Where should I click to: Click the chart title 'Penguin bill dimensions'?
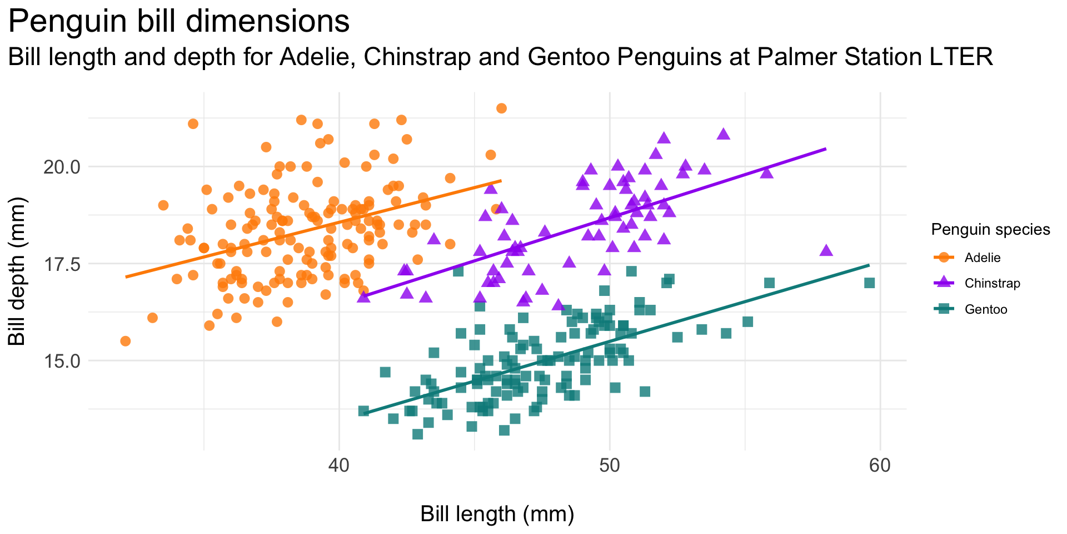pyautogui.click(x=179, y=22)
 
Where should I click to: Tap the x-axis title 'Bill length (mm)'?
pyautogui.click(x=497, y=515)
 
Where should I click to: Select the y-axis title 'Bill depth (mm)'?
pyautogui.click(x=18, y=271)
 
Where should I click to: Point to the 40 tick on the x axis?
pyautogui.click(x=339, y=465)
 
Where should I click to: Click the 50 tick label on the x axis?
pyautogui.click(x=610, y=465)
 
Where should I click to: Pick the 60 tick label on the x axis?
pyautogui.click(x=880, y=465)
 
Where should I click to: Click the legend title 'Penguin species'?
pyautogui.click(x=990, y=230)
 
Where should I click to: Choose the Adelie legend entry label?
pyautogui.click(x=983, y=258)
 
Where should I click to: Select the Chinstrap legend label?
pyautogui.click(x=993, y=284)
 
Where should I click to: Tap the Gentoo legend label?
pyautogui.click(x=986, y=310)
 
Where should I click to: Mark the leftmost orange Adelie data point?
pyautogui.click(x=126, y=341)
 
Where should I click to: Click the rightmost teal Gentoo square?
pyautogui.click(x=870, y=283)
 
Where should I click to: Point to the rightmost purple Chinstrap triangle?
pyautogui.click(x=826, y=250)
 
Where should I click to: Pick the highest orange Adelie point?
pyautogui.click(x=501, y=108)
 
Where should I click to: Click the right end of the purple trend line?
pyautogui.click(x=826, y=149)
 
